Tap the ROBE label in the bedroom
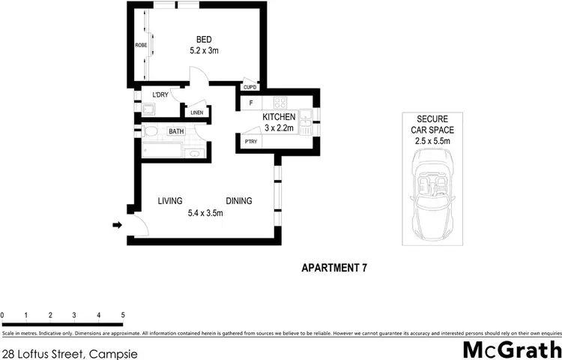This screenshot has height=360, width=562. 140,46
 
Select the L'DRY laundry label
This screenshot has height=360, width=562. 160,95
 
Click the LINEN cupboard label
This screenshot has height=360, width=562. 197,113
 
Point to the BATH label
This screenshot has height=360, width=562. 176,132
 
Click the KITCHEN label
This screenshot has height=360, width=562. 279,118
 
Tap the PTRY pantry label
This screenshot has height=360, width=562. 248,141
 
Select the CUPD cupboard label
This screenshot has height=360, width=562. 250,88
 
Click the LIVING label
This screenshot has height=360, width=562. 171,201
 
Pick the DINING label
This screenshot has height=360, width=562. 239,201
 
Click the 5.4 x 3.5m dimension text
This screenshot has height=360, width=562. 205,214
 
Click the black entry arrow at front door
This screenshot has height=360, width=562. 117,224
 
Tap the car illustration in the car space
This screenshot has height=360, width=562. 432,190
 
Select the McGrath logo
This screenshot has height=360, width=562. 510,349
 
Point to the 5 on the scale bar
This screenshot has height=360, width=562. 122,315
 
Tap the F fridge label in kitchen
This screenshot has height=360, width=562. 251,102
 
